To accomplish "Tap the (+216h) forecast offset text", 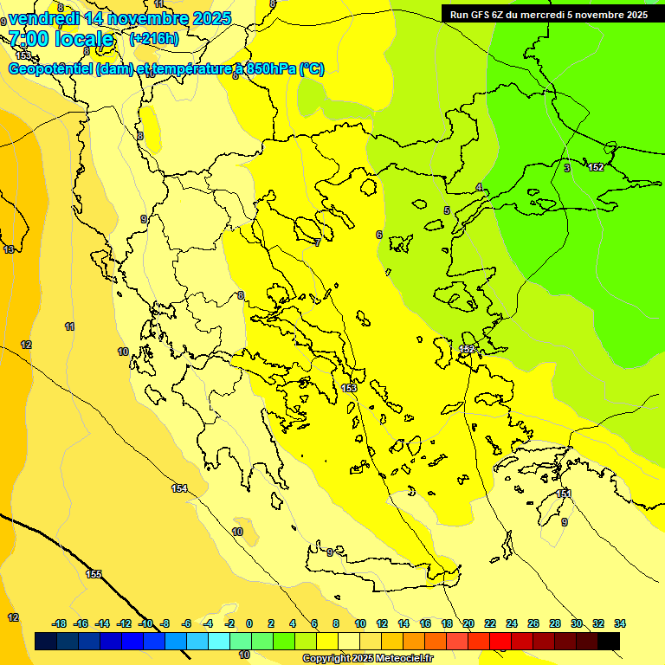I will [153, 39].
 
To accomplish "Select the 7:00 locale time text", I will [61, 39].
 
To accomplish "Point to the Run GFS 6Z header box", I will [548, 14].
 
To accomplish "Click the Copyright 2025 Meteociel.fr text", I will [369, 659].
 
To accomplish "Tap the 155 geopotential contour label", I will [94, 574].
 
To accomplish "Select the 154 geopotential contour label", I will [178, 489].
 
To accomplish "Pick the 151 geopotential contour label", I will [564, 494].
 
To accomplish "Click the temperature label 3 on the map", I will [567, 168].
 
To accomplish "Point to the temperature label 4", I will [479, 188].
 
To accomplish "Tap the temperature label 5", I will [447, 210].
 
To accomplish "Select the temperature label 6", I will [378, 235].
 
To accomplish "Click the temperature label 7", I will [318, 242].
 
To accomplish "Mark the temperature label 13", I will [9, 249].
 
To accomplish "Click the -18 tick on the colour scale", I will [60, 623].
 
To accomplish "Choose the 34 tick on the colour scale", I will [620, 623].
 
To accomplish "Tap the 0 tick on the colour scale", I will [249, 623].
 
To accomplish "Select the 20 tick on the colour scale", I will [468, 623].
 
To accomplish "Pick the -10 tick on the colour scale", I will [146, 623].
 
